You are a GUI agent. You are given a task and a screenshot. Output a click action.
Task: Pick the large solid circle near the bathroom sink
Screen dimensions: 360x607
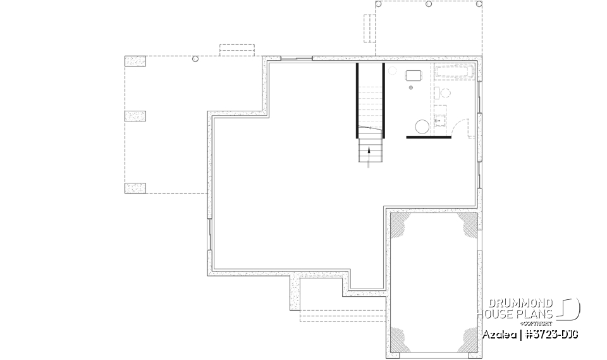click(x=422, y=126)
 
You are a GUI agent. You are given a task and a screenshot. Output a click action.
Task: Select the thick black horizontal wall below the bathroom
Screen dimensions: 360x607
click(x=428, y=137)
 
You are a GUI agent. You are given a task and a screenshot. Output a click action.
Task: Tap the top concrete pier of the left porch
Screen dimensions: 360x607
click(x=135, y=61)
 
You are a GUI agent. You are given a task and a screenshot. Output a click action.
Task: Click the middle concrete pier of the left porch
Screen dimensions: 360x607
click(x=135, y=116)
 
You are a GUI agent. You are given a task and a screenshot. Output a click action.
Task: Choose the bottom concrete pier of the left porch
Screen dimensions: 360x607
click(x=135, y=188)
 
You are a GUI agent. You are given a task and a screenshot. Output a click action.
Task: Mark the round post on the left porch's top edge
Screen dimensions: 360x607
click(x=195, y=58)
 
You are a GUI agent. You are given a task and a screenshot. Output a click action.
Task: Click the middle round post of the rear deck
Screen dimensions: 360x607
click(x=429, y=4)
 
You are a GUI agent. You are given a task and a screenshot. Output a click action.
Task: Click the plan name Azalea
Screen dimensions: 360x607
click(x=498, y=333)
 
